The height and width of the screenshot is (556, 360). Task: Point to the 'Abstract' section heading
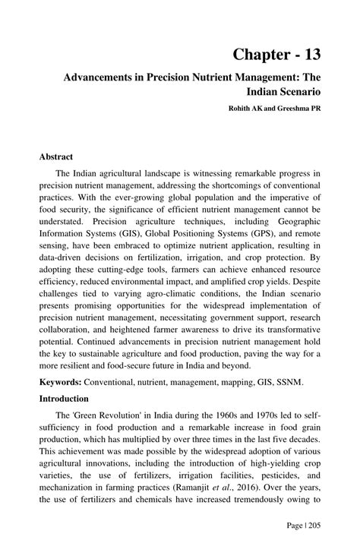[56, 157]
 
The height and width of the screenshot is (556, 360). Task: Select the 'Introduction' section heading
[65, 399]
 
